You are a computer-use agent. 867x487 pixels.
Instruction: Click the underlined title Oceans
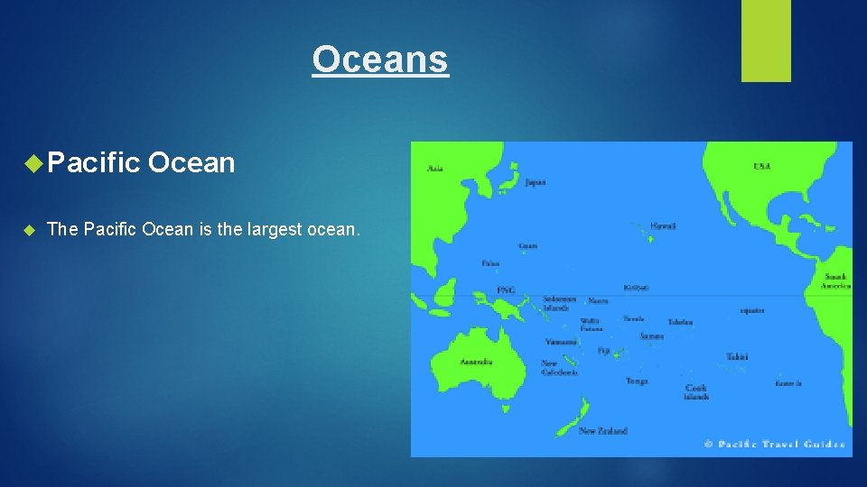pyautogui.click(x=380, y=60)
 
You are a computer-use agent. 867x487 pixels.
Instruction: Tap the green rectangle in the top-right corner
pyautogui.click(x=766, y=40)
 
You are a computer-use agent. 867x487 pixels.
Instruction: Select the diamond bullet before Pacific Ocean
pyautogui.click(x=33, y=163)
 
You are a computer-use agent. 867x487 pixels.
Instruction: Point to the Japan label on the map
pyautogui.click(x=536, y=182)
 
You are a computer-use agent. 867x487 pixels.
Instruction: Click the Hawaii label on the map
pyautogui.click(x=663, y=225)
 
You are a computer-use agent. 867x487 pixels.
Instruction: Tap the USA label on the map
pyautogui.click(x=762, y=166)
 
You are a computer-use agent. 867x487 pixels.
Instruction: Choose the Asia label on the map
pyautogui.click(x=435, y=168)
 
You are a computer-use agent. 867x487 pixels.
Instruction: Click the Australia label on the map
pyautogui.click(x=476, y=362)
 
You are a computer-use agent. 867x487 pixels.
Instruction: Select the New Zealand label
pyautogui.click(x=603, y=431)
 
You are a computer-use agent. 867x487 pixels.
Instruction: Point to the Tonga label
pyautogui.click(x=637, y=381)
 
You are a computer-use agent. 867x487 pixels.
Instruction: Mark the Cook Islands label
pyautogui.click(x=696, y=392)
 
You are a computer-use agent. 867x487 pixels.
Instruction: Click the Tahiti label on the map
pyautogui.click(x=736, y=357)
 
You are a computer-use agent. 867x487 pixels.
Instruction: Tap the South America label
pyautogui.click(x=835, y=280)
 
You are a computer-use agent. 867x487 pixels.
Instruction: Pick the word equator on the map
pyautogui.click(x=751, y=310)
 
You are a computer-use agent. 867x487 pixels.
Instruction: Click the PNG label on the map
pyautogui.click(x=506, y=289)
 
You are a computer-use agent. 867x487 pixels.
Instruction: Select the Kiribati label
pyautogui.click(x=636, y=288)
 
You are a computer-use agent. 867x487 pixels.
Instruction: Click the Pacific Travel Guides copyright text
pyautogui.click(x=774, y=444)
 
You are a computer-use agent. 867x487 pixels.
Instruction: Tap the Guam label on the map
pyautogui.click(x=527, y=245)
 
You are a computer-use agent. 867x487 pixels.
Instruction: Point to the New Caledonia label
pyautogui.click(x=559, y=368)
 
